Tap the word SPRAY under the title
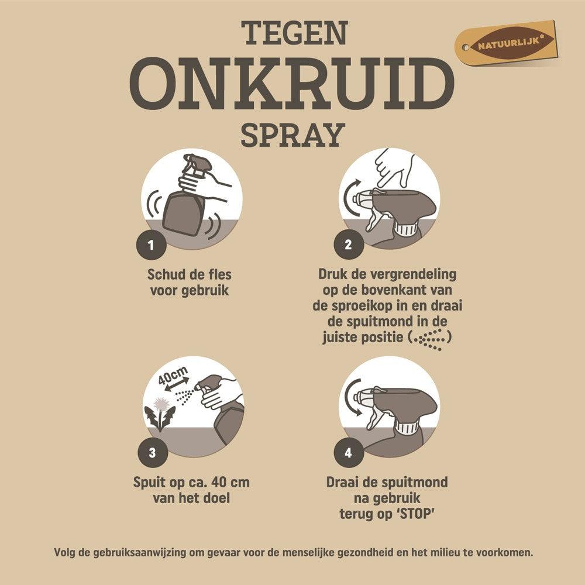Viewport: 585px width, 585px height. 291,135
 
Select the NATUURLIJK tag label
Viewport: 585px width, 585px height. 505,44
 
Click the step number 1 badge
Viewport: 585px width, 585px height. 153,245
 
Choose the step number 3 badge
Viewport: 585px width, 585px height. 153,452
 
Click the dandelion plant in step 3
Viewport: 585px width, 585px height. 160,413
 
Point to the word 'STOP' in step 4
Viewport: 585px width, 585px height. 417,514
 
